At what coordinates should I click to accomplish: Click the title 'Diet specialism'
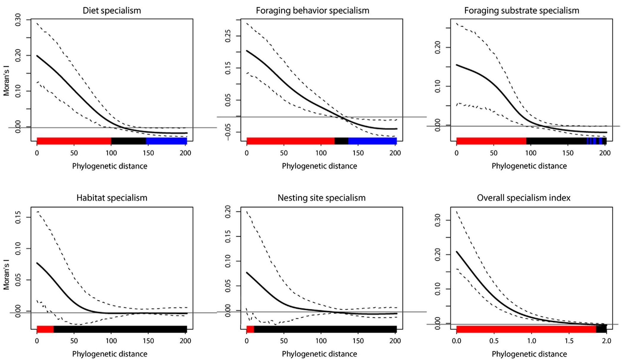(112, 11)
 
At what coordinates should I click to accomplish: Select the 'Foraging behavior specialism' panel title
(312, 11)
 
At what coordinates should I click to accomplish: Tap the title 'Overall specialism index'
(524, 198)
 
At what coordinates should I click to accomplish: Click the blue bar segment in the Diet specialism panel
(166, 141)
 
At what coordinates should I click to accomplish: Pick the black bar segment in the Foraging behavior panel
(341, 141)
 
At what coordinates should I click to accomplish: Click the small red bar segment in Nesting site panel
(250, 329)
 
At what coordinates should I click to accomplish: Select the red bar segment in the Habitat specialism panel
(45, 329)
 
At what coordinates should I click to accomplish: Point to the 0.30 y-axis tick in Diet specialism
(18, 20)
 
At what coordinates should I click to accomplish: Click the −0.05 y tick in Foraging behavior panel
(228, 132)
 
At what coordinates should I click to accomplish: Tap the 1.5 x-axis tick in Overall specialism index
(569, 341)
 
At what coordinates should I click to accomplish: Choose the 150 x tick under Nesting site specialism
(358, 341)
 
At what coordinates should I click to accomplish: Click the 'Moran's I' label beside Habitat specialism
(7, 274)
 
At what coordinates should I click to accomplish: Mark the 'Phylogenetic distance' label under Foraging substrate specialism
(529, 166)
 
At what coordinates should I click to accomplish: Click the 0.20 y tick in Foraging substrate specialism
(438, 47)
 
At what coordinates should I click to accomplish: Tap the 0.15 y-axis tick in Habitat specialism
(18, 217)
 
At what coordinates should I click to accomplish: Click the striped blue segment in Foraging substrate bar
(594, 141)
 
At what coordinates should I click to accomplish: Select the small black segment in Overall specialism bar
(601, 329)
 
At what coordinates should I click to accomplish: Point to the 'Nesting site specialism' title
(321, 198)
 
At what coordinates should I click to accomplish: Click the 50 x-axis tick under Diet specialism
(74, 153)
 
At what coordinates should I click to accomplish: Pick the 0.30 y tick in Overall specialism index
(438, 220)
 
